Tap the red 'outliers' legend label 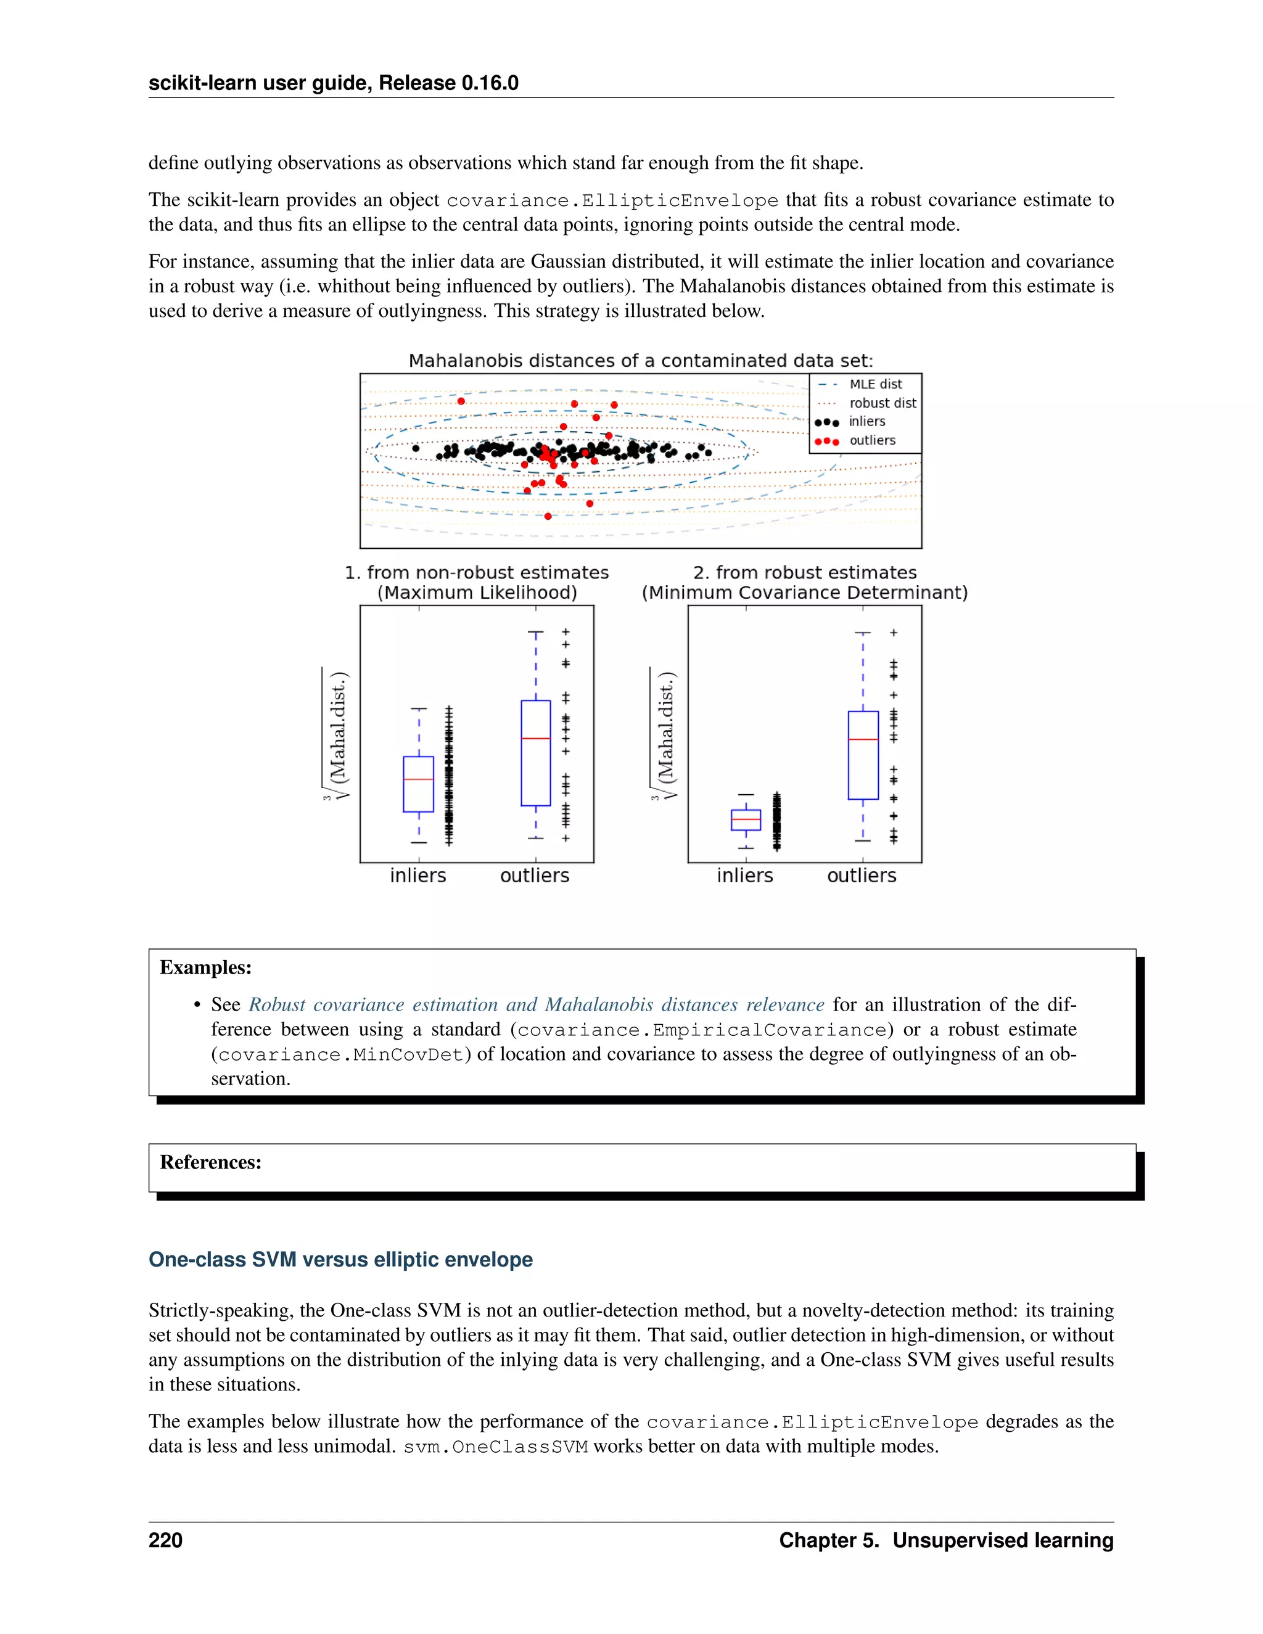click(x=871, y=440)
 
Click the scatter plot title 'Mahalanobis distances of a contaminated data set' click(x=641, y=361)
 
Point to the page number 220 click(x=165, y=1540)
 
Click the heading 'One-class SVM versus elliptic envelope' click(x=340, y=1259)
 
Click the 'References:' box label click(x=210, y=1162)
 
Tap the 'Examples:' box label click(x=206, y=967)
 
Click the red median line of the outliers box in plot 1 click(x=536, y=739)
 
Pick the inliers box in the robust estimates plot click(x=746, y=820)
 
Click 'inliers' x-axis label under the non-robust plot click(x=418, y=876)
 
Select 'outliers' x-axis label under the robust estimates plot click(x=861, y=876)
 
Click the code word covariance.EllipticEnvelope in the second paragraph click(x=612, y=200)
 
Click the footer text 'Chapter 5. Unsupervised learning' click(x=946, y=1540)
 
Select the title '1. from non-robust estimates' click(x=477, y=572)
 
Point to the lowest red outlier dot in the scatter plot click(x=548, y=516)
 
